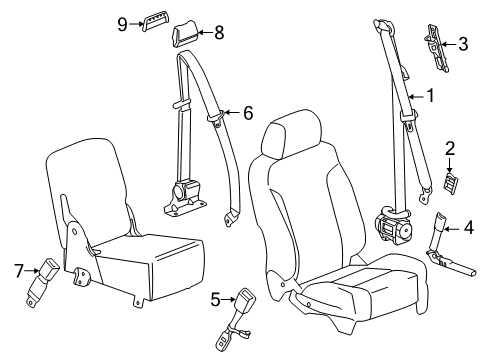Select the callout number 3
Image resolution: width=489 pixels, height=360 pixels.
click(x=463, y=43)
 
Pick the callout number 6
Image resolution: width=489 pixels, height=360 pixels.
click(x=247, y=113)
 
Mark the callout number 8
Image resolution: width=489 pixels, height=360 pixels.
click(x=218, y=32)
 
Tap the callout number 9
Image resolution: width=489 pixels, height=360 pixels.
click(x=122, y=22)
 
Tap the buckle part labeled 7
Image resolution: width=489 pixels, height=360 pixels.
click(x=48, y=268)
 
